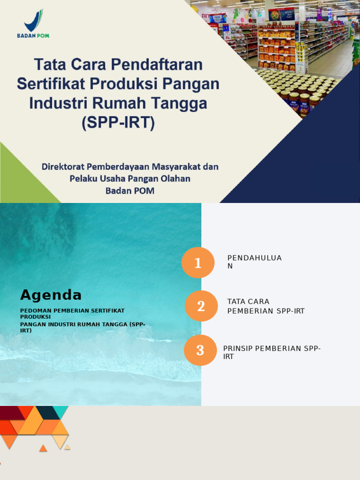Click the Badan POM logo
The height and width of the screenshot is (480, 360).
tap(33, 23)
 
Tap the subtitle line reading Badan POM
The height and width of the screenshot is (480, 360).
tap(130, 191)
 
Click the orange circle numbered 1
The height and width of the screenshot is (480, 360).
tap(198, 263)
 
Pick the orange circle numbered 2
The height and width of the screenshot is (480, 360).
tap(201, 306)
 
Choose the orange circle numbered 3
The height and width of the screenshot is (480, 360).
tap(200, 350)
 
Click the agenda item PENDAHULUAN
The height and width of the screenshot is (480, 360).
tap(254, 262)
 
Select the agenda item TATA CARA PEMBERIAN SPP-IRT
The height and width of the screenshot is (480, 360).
tap(266, 306)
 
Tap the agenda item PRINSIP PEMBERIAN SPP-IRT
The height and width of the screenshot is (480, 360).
tap(272, 352)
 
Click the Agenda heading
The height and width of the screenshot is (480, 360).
tap(51, 295)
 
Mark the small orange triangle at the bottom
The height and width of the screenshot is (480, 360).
tap(43, 449)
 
